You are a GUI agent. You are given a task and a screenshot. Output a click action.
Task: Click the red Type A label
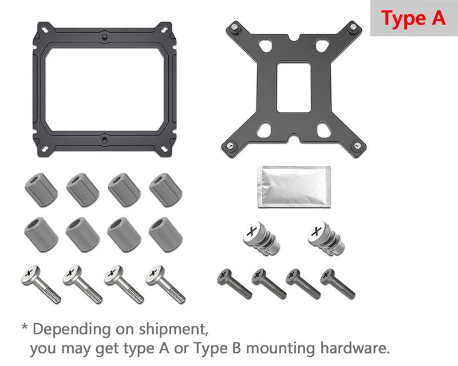pos(413,18)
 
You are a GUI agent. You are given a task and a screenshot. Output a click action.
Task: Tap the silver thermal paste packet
pos(294,187)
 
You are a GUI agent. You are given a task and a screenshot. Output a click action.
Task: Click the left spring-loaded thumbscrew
pos(261,238)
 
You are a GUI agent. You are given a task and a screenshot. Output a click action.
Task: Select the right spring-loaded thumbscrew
pos(326,238)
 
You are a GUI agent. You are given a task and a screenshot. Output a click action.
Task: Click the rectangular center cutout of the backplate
pos(293,87)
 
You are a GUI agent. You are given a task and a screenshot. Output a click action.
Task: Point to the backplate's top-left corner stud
pos(235,28)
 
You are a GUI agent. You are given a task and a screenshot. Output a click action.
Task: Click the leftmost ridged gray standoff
pos(41,190)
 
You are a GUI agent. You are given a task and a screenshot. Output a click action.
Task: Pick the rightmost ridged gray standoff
pos(165,190)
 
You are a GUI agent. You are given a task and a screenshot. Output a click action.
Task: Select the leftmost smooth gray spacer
pos(41,234)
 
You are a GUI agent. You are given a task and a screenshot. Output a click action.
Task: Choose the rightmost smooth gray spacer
pos(165,234)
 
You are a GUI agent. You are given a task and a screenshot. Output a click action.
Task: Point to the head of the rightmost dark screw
pos(327,276)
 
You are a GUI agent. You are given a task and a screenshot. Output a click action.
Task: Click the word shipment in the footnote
pos(173,329)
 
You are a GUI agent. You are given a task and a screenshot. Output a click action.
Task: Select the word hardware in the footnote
pos(355,348)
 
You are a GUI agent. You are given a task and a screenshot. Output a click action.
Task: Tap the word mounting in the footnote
pos(281,349)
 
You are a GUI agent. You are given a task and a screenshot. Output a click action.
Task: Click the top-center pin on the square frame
pos(104,37)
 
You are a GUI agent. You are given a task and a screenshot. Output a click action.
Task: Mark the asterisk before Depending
pos(25,327)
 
